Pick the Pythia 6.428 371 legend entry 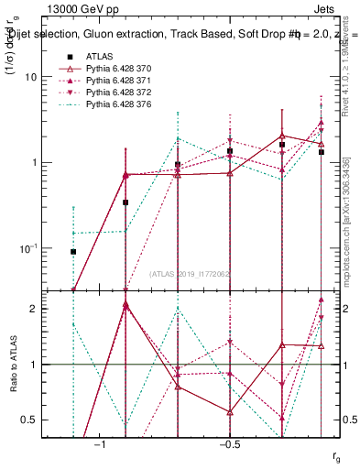118,81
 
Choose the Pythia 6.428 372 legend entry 118,93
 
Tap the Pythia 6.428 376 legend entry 118,106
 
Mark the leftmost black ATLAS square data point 73,251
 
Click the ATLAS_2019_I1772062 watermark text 191,274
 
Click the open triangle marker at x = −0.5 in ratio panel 230,411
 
